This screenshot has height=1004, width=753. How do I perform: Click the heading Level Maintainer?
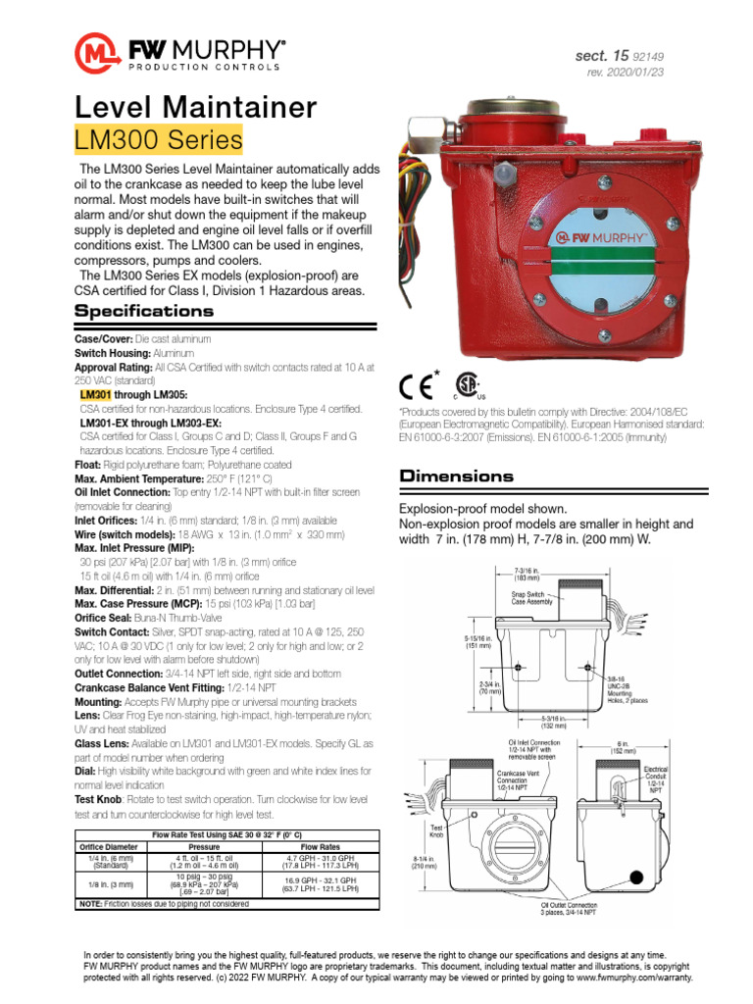coord(196,107)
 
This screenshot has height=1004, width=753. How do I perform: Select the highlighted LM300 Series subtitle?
coord(158,140)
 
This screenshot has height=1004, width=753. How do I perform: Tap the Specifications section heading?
coord(144,311)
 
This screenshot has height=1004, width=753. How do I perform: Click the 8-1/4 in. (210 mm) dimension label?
coord(413,862)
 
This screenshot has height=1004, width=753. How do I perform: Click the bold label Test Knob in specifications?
coord(98,800)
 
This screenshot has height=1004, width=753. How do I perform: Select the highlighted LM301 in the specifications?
coord(96,393)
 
